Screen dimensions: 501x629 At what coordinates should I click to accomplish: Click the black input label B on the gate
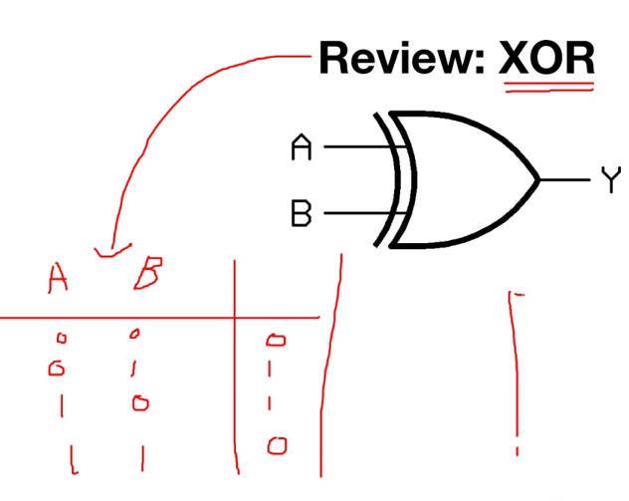(x=301, y=213)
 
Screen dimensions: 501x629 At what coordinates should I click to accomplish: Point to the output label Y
(x=610, y=180)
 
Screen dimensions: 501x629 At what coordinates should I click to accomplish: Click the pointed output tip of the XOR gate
(x=537, y=180)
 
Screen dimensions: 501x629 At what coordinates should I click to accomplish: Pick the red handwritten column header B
(x=146, y=273)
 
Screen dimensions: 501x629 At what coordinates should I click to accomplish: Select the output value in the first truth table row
(x=276, y=341)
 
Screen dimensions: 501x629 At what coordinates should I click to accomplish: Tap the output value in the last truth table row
(x=277, y=445)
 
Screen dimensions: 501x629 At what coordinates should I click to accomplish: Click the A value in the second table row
(x=57, y=370)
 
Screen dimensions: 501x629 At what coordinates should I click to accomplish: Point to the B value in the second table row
(x=134, y=370)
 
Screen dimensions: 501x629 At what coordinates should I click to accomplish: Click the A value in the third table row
(x=62, y=405)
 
